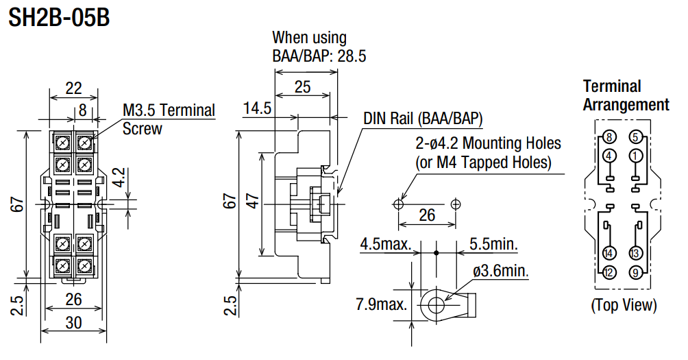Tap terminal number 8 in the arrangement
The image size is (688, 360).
610,136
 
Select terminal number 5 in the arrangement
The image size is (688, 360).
635,136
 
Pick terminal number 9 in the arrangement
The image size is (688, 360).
635,273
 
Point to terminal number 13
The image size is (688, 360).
635,253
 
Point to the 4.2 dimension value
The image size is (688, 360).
119,178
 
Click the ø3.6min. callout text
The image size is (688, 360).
502,272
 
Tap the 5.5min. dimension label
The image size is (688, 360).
493,244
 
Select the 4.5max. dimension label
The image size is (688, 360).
385,244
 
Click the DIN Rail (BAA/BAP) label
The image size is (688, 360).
423,118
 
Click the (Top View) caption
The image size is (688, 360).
624,305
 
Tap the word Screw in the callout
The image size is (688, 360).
142,128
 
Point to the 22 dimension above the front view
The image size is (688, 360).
73,87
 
